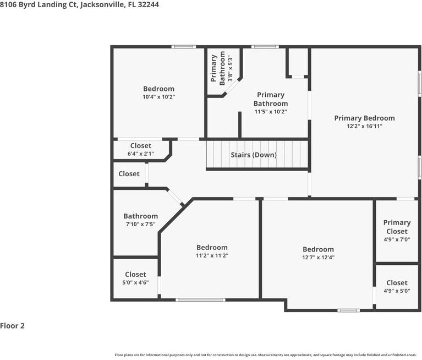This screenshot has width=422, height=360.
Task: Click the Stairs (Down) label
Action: click(254, 155)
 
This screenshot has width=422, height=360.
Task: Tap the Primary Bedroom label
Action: click(364, 118)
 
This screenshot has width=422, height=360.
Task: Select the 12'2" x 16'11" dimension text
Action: click(364, 126)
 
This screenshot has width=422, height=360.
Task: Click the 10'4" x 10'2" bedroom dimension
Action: click(159, 97)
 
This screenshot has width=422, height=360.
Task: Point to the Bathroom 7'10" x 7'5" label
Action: click(140, 220)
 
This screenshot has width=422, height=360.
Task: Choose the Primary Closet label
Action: click(397, 227)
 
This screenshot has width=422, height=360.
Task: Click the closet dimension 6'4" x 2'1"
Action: click(140, 154)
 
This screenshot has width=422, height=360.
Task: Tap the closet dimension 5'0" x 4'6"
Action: click(135, 282)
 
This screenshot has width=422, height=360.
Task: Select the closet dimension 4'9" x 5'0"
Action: click(397, 291)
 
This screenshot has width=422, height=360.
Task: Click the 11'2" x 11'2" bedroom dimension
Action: click(212, 255)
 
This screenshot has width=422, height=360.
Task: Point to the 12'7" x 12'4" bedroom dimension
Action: click(318, 257)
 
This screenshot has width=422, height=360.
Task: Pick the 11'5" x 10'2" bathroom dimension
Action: click(271, 112)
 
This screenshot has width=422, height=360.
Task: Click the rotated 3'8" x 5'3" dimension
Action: click(230, 68)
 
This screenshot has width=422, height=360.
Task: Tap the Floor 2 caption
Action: click(12, 326)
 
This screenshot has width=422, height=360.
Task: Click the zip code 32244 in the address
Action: click(149, 4)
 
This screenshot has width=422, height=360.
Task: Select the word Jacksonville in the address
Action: click(102, 4)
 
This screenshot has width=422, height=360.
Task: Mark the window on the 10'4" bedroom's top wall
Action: click(184, 47)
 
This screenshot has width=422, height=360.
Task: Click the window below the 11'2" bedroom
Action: click(200, 299)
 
